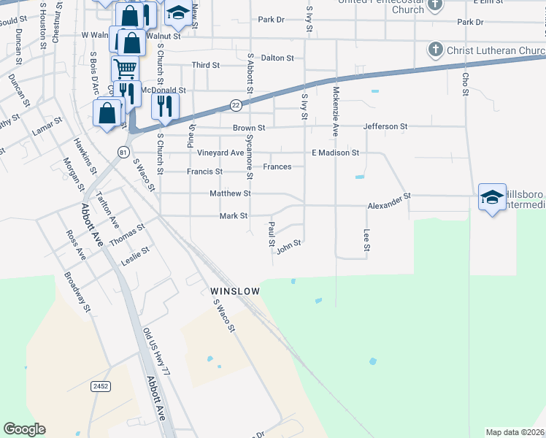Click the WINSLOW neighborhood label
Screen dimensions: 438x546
[235, 291]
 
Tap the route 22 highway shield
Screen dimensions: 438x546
[236, 105]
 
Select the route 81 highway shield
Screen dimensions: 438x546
[124, 151]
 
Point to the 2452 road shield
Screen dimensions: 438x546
[101, 386]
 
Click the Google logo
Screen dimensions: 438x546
[24, 429]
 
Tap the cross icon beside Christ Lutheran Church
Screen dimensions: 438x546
[436, 50]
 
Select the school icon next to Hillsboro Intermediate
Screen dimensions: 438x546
[492, 197]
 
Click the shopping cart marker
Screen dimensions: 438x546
[125, 69]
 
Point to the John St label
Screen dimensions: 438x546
[289, 249]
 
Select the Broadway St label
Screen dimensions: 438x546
[77, 292]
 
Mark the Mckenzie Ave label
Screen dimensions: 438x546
[336, 110]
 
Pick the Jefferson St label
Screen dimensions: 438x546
[385, 126]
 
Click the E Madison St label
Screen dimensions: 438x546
[336, 153]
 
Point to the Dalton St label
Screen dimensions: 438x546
[277, 57]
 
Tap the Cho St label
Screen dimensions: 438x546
[464, 82]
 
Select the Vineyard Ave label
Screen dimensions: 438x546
[220, 153]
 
